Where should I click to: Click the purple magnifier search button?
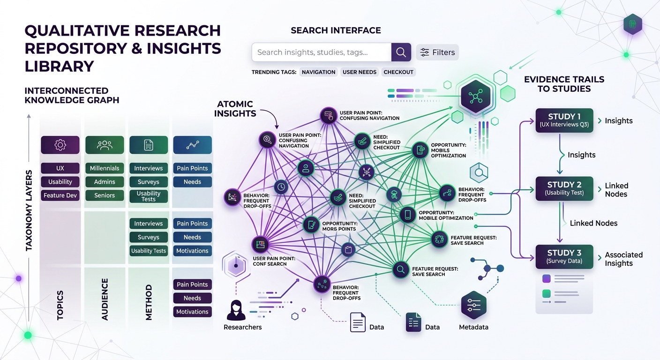(x=401, y=52)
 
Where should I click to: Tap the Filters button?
(x=437, y=52)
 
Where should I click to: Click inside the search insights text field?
(x=322, y=52)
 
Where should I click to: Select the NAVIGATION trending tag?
(x=319, y=72)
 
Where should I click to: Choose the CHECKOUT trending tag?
(x=398, y=72)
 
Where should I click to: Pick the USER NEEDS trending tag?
(x=359, y=72)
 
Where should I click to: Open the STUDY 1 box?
(x=564, y=120)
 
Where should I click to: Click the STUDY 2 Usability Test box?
(x=564, y=188)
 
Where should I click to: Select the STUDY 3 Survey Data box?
(x=564, y=256)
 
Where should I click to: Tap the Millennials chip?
(x=105, y=168)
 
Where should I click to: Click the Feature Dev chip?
(x=60, y=195)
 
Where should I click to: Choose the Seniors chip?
(x=105, y=195)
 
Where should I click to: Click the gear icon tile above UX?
(x=60, y=145)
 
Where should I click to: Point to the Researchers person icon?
(x=236, y=310)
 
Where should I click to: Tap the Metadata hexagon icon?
(x=474, y=306)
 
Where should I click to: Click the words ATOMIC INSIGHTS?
(x=235, y=109)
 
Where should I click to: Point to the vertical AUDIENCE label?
(x=105, y=299)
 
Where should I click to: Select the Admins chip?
(x=105, y=182)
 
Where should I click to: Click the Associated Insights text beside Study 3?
(x=623, y=259)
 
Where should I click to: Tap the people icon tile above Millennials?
(x=105, y=145)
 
